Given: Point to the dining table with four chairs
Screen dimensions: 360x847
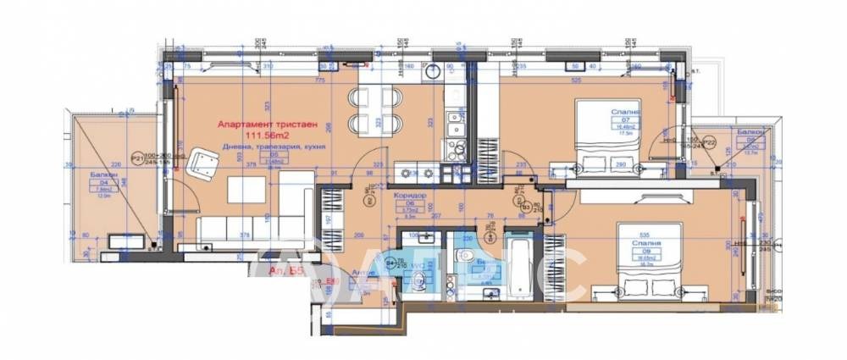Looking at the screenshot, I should coord(373,109).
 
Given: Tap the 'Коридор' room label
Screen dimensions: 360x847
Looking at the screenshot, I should coord(409,193).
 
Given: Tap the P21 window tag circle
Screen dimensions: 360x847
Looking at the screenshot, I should coord(136,158).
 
